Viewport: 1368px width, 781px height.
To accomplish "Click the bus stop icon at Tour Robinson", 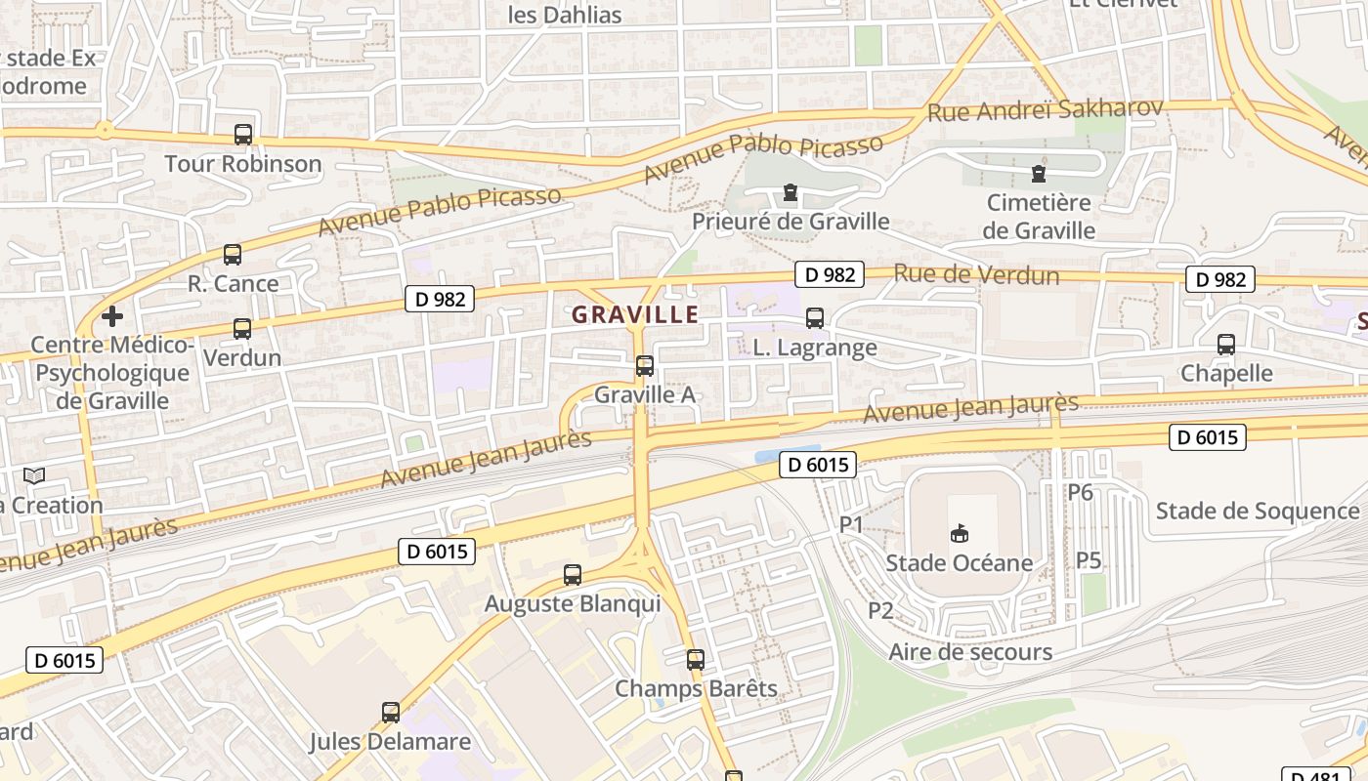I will point(243,135).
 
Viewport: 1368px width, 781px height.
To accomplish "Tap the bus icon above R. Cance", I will point(233,255).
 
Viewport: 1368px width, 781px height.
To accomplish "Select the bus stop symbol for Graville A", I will point(645,366).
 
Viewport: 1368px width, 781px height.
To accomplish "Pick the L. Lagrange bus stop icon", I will point(815,318).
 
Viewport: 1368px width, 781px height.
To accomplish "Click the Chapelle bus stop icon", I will point(1226,345).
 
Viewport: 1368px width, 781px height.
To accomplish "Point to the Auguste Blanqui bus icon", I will point(573,575).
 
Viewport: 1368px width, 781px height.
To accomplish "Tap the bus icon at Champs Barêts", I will point(696,660).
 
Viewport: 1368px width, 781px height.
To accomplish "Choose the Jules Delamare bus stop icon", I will point(391,713).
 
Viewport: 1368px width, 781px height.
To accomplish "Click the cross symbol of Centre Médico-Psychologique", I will point(112,316).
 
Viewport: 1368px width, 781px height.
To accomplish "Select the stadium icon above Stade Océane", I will point(960,533).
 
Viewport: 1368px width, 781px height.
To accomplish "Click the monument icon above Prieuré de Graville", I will point(791,193).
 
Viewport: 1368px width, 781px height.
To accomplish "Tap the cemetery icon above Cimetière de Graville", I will point(1039,175).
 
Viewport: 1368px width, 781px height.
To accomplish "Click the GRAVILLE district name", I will point(635,314).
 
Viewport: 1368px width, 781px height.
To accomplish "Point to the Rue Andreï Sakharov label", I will point(1045,109).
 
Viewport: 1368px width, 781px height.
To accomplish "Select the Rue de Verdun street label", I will point(976,274).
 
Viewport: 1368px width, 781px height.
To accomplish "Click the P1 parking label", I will point(852,524).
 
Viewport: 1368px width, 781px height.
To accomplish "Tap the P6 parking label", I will point(1080,492).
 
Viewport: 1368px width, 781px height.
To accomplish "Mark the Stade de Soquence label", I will point(1258,511).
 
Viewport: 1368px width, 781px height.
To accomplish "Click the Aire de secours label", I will point(970,652).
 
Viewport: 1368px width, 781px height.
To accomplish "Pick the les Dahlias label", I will point(565,15).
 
